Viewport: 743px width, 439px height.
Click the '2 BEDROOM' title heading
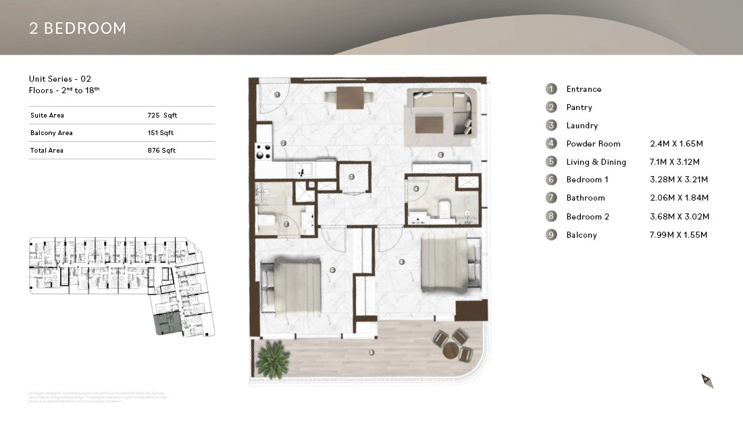click(78, 28)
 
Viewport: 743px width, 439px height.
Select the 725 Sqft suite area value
click(162, 115)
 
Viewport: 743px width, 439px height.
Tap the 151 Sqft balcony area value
click(161, 133)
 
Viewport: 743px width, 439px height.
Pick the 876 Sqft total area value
click(161, 151)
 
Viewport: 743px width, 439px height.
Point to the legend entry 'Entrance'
click(584, 89)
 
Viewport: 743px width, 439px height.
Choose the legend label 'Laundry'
click(582, 126)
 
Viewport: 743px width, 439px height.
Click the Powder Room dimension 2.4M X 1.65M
click(675, 144)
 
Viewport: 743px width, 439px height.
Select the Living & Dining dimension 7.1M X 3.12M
click(676, 162)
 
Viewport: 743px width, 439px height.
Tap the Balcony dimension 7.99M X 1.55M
click(678, 235)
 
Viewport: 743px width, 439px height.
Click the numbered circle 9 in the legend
click(551, 235)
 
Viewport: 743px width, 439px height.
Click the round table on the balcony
click(451, 351)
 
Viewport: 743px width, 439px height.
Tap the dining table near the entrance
click(349, 98)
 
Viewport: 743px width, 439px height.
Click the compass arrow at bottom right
click(707, 381)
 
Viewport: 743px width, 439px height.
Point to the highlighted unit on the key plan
click(165, 324)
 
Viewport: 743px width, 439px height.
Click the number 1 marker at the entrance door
click(278, 95)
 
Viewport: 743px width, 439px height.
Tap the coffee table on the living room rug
click(428, 124)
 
